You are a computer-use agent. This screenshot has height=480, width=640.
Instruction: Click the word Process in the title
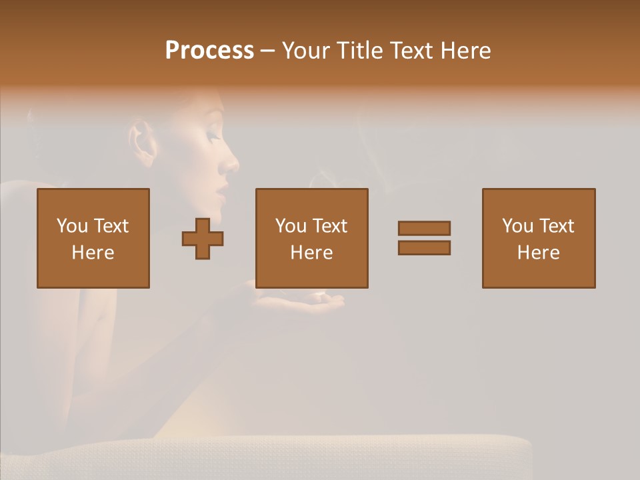click(209, 51)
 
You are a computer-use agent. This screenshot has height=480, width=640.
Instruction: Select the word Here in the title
click(465, 51)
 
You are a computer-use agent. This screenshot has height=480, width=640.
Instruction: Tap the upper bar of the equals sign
click(424, 228)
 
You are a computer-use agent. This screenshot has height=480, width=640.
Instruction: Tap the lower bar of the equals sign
click(424, 248)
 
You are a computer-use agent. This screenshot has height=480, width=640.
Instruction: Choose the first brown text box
click(93, 238)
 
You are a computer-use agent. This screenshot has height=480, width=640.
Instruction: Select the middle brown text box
click(312, 238)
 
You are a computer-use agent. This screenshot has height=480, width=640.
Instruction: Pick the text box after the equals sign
click(539, 238)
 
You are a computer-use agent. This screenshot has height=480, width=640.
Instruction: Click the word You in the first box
click(72, 226)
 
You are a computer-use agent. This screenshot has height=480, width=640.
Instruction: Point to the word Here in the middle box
click(312, 253)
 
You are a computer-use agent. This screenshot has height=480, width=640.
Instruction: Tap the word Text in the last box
click(556, 226)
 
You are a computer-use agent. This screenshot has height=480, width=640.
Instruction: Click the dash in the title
click(268, 51)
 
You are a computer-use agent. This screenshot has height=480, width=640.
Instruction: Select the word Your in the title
click(306, 51)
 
